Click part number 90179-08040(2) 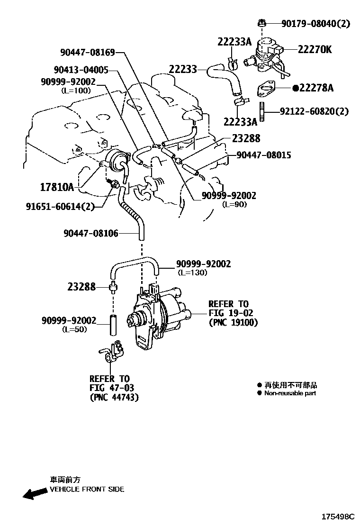[315, 23]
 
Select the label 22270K [315, 49]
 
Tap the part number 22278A [316, 88]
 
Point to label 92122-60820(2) [314, 112]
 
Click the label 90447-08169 [88, 52]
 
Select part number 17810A [57, 187]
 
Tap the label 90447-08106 [90, 233]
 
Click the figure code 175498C [337, 516]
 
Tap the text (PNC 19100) [233, 322]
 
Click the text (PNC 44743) [114, 397]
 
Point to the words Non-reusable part [290, 393]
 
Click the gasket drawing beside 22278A [268, 89]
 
